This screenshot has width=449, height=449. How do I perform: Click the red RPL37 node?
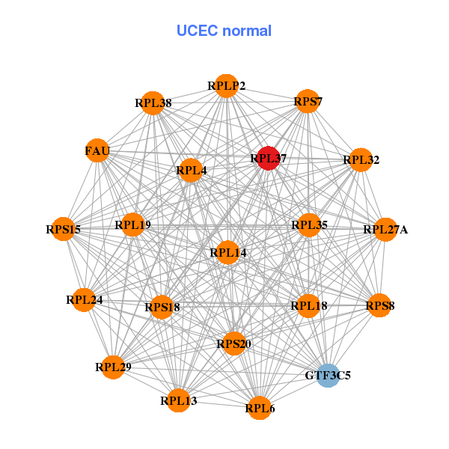(x=269, y=158)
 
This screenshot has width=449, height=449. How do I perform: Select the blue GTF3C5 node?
(x=328, y=375)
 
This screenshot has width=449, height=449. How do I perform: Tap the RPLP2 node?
(x=226, y=86)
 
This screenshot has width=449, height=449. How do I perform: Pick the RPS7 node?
(x=308, y=101)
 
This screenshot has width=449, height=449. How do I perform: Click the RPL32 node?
(x=361, y=159)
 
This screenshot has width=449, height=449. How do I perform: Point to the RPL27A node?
(x=384, y=229)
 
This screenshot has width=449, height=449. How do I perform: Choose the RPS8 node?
(x=379, y=305)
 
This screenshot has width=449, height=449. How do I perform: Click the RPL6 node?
(x=259, y=408)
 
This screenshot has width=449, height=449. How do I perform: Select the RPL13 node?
(x=179, y=401)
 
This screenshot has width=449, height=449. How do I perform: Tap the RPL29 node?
(x=113, y=367)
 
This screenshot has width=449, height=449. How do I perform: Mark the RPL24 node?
(x=85, y=300)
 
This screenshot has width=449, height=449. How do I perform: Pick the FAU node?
(x=97, y=151)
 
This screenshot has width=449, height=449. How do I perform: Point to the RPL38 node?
(x=153, y=103)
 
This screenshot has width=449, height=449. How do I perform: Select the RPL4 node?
(x=191, y=171)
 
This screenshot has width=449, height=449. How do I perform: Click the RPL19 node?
(x=132, y=224)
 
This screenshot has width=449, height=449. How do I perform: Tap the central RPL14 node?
(x=227, y=253)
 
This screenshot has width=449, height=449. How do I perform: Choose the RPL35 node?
(x=309, y=224)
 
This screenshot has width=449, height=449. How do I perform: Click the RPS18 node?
(x=162, y=306)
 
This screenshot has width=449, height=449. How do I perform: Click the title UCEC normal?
(x=224, y=31)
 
